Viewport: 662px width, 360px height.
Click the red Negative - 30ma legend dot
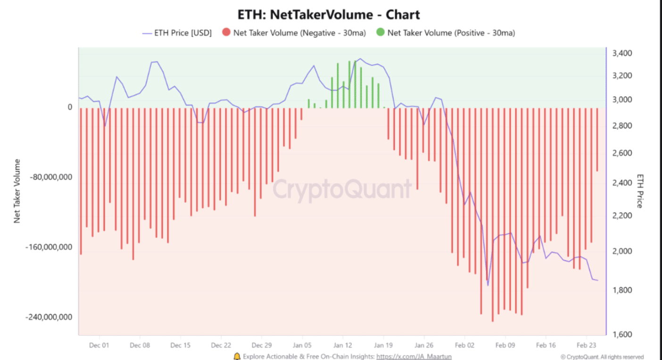coord(226,33)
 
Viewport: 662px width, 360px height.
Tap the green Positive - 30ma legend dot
coord(381,33)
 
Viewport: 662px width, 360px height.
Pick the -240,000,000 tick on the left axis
coord(49,317)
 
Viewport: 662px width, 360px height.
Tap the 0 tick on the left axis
coord(70,107)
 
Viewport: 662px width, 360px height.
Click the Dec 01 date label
coord(99,345)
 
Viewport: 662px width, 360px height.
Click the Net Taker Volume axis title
coord(17,191)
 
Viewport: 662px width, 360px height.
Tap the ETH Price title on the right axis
coord(640,191)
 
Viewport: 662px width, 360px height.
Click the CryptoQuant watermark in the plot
coord(342,190)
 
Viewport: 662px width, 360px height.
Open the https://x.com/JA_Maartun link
coord(414,356)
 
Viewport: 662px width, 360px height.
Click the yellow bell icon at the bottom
coord(237,356)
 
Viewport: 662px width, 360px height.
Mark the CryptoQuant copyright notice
coord(602,357)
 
